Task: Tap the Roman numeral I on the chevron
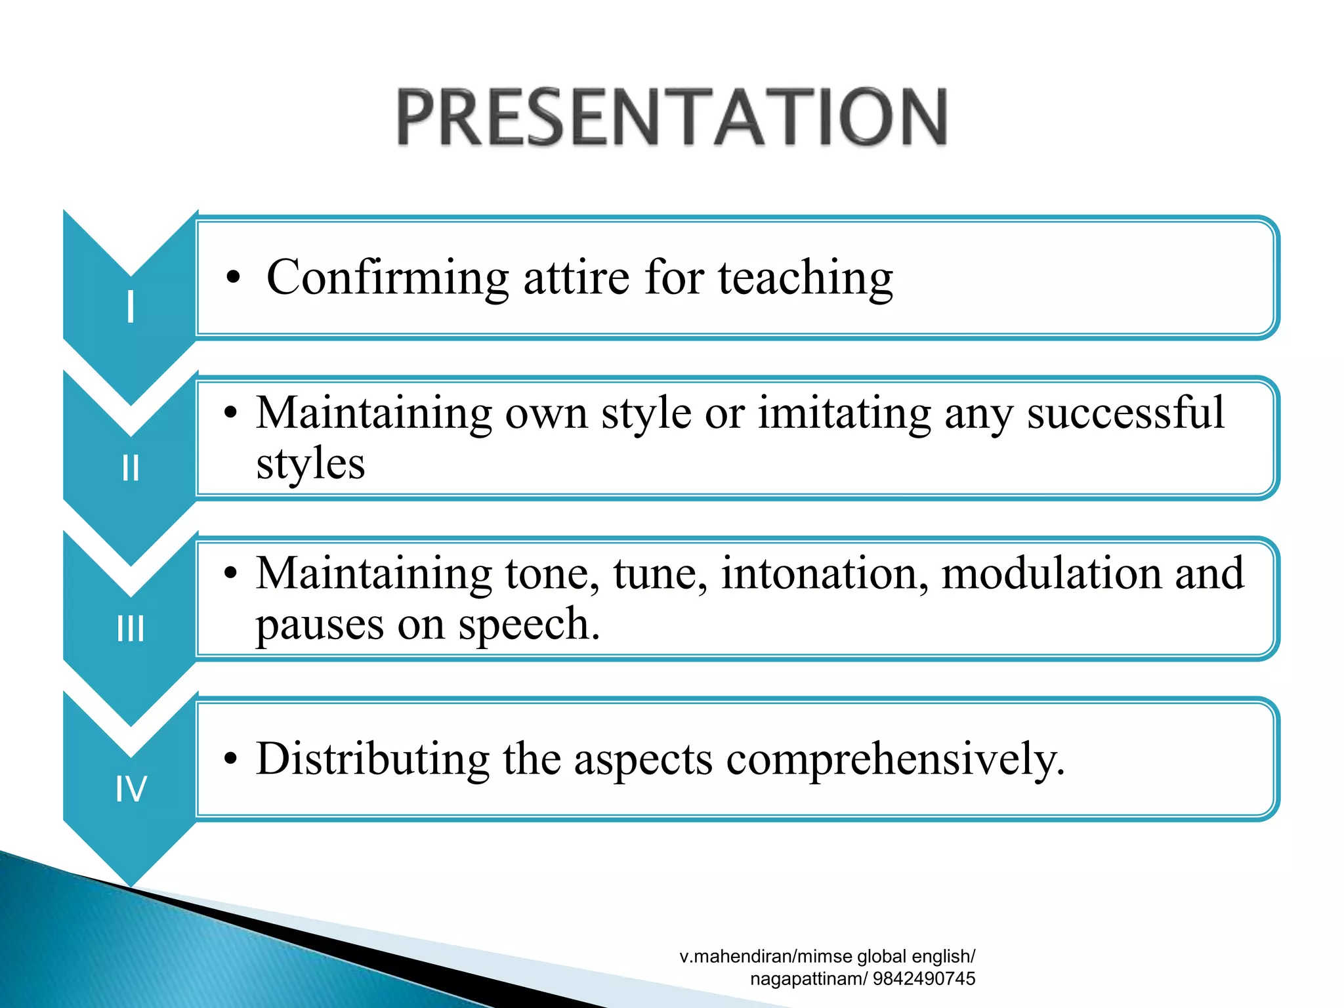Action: click(131, 306)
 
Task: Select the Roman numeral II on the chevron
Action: click(131, 468)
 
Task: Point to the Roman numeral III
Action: click(131, 629)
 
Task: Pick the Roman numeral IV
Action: click(131, 789)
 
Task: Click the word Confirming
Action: click(387, 278)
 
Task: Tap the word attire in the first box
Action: click(577, 278)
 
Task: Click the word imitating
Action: click(844, 413)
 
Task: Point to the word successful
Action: click(1125, 413)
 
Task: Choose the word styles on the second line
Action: click(310, 464)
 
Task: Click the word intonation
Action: click(824, 574)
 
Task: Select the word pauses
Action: click(319, 625)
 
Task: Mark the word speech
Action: click(528, 625)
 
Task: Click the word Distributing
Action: click(373, 759)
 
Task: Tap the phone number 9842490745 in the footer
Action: click(924, 978)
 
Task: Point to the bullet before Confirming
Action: click(233, 278)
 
